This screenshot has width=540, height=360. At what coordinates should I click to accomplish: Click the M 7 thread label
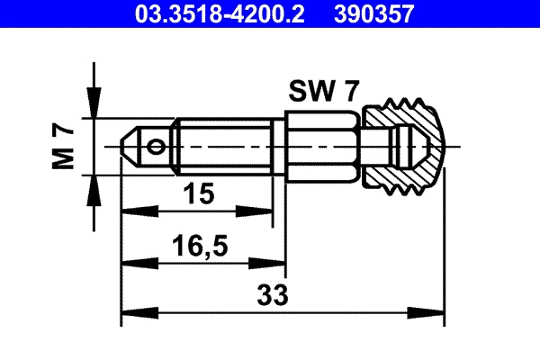[62, 145]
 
